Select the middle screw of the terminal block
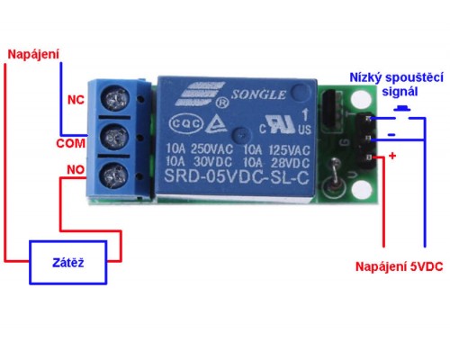[x=114, y=136]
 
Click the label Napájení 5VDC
[x=398, y=266]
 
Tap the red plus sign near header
[x=391, y=156]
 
